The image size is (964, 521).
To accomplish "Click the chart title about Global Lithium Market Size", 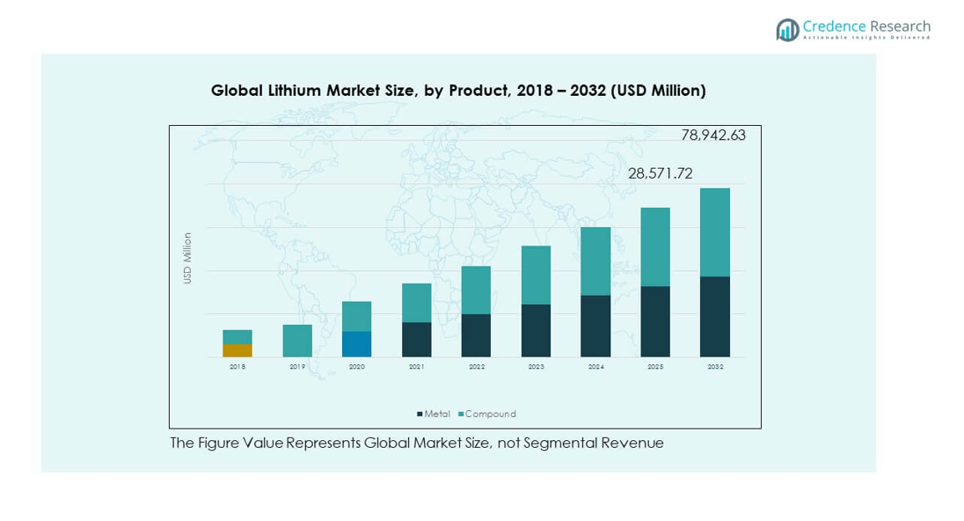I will [458, 91].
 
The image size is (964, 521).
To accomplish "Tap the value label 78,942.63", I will [713, 136].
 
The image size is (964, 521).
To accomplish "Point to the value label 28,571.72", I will [660, 174].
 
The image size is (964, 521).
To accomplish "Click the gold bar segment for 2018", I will [237, 350].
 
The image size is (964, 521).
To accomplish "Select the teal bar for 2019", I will [297, 341].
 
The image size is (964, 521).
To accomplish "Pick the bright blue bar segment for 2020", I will [356, 344].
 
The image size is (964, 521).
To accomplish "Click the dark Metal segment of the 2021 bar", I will [416, 340].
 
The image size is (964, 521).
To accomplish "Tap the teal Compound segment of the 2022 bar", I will [476, 290].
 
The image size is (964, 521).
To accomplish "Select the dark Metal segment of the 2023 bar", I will [536, 331].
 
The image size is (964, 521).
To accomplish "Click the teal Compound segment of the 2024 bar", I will [595, 260].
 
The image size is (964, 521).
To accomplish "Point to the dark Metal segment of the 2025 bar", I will [655, 321].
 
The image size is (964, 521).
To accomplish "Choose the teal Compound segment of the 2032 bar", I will [714, 232].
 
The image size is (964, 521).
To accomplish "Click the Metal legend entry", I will [434, 414].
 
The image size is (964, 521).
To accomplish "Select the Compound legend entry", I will [487, 414].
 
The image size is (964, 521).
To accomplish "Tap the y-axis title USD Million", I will [187, 258].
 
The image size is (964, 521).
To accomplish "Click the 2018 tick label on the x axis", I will [237, 366].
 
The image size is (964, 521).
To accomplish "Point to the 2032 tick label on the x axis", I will [715, 366].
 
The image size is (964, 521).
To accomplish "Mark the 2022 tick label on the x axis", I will [477, 366].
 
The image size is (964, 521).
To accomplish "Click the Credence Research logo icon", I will [787, 30].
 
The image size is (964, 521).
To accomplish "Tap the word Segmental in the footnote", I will [559, 444].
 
